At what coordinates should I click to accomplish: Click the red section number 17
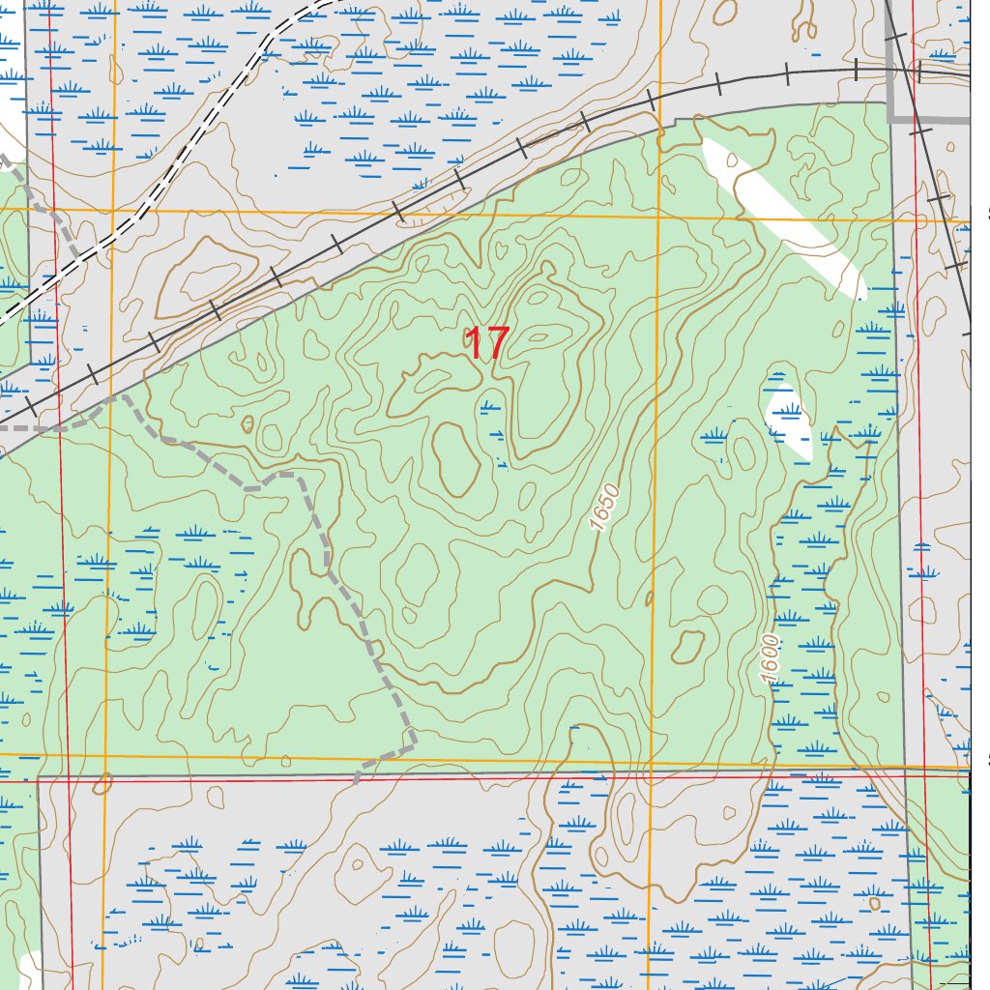(486, 343)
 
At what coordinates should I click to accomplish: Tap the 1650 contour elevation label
(603, 507)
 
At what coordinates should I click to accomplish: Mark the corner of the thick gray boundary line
(890, 119)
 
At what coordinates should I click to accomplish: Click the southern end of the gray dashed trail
(357, 779)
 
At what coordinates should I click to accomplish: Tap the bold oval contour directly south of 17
(456, 457)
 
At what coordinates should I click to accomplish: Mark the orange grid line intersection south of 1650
(651, 762)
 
